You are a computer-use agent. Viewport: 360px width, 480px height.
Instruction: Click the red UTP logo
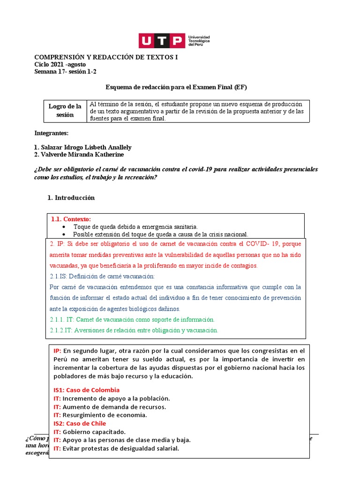(x=161, y=41)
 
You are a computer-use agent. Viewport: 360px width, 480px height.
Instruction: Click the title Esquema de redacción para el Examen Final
(x=176, y=87)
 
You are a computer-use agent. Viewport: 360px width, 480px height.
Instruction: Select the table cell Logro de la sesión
(x=65, y=111)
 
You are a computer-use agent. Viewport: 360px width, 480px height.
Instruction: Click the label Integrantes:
(x=52, y=133)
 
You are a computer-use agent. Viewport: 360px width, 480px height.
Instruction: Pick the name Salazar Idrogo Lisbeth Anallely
(x=82, y=147)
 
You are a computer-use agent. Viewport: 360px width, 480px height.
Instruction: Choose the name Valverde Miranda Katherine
(x=79, y=155)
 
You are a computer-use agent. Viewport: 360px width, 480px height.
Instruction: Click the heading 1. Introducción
(x=71, y=198)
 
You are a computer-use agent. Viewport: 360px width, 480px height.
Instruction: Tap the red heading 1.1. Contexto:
(x=71, y=219)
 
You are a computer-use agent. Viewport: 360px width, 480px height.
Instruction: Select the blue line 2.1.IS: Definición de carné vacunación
(x=102, y=276)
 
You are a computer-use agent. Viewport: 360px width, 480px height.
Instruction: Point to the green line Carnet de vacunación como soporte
(x=132, y=319)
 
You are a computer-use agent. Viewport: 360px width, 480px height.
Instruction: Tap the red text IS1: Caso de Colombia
(x=86, y=390)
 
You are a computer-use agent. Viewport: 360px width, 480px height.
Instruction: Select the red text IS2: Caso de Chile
(x=80, y=423)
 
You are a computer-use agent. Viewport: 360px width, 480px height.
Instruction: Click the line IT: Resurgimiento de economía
(x=100, y=415)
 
